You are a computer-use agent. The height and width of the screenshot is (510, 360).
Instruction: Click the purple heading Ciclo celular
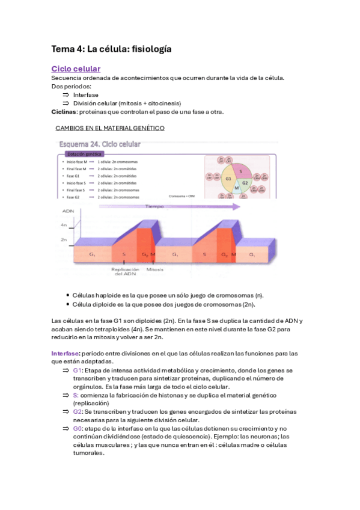tap(76, 69)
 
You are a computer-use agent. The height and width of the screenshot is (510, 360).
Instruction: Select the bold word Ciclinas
tap(64, 112)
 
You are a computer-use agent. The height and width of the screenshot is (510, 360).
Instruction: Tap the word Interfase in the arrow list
tap(86, 95)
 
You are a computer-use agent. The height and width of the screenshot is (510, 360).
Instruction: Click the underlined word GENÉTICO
tap(147, 128)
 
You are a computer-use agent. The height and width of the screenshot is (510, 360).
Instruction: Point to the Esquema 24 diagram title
tap(100, 144)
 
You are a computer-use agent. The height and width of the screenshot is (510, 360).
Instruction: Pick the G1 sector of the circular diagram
tap(228, 179)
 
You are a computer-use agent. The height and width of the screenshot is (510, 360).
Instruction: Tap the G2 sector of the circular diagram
tap(245, 183)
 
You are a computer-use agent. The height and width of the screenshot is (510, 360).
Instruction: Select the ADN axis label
tap(67, 211)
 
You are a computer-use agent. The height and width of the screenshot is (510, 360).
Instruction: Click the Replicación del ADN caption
tap(125, 273)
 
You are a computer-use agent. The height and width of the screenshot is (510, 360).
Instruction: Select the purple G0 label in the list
tap(78, 428)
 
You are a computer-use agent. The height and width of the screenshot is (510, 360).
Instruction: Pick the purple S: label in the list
tap(76, 395)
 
